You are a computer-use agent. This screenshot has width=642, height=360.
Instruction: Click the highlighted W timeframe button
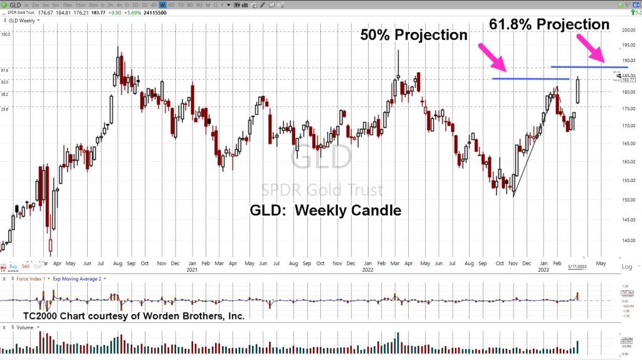162,4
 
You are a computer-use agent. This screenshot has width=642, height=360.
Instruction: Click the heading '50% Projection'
414,35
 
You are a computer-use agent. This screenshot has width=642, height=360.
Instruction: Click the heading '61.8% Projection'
549,24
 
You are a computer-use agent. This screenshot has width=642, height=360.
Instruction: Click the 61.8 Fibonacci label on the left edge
5,71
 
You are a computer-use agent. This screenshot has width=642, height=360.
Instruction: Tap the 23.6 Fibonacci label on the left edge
5,109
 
